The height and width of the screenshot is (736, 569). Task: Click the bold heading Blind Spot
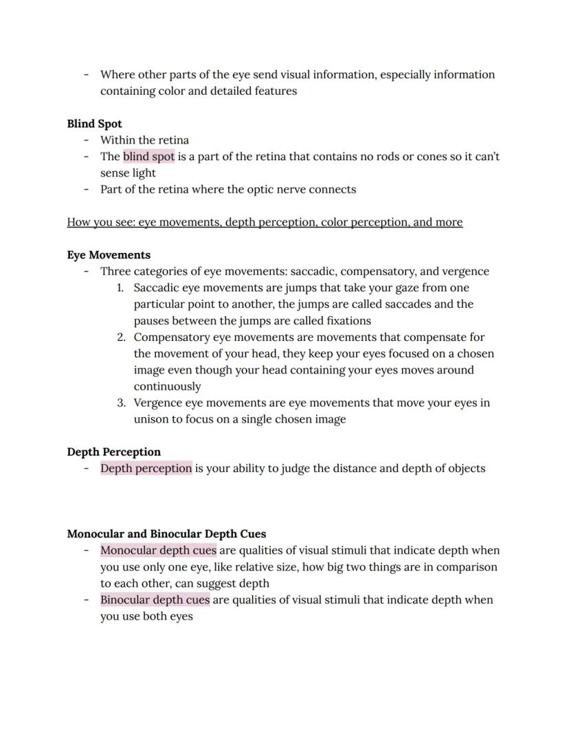coord(94,124)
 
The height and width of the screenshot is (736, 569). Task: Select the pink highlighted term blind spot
coord(148,157)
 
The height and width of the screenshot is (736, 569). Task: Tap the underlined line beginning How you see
coord(265,222)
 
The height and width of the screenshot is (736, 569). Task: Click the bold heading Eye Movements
coord(109,255)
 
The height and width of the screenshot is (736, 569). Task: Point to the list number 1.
coord(120,288)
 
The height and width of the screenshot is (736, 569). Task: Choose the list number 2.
coord(120,337)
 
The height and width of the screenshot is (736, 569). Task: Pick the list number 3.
coord(120,403)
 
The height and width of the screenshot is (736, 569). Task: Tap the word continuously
coord(167,386)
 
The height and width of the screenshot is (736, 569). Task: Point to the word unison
coord(153,419)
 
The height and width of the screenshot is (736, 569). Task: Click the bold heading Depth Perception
coord(113,452)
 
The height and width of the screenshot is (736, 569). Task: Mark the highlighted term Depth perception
coord(146,469)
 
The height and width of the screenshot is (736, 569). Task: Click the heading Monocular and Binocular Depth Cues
coord(166,534)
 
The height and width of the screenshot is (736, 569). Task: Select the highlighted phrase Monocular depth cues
coord(158,550)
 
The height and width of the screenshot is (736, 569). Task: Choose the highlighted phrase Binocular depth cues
coord(155,600)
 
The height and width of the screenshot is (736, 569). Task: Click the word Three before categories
coord(115,271)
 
